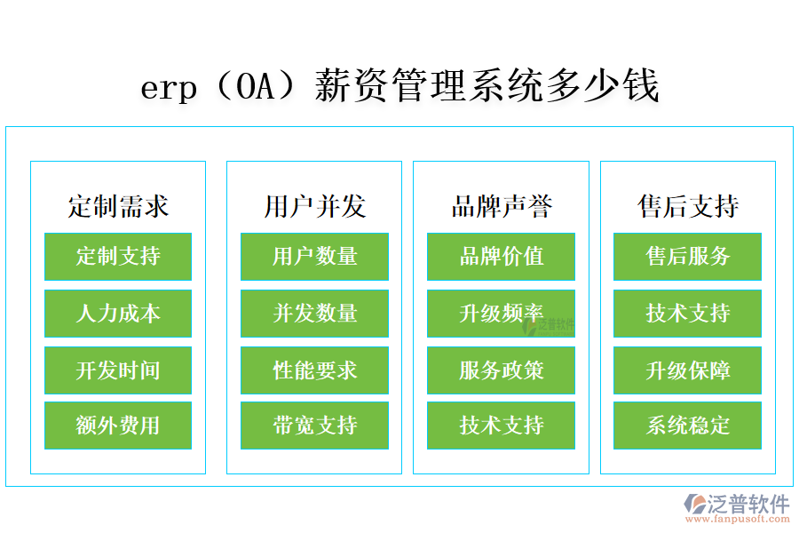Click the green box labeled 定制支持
pos(118,257)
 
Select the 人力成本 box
pos(118,314)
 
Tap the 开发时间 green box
pos(118,370)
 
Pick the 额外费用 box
pos(118,426)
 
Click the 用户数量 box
pos(314,257)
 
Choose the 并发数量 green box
pos(314,314)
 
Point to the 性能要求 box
pos(314,370)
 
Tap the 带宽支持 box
pos(314,426)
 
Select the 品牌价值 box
pos(501,257)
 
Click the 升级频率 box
pos(501,314)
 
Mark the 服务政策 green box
pos(501,370)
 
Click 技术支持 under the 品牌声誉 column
pos(501,426)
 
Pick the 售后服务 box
pos(687,257)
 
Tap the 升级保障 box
pos(687,370)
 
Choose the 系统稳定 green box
pos(687,426)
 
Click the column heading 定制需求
pos(118,206)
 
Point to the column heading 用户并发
pos(314,206)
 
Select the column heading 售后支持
pos(687,206)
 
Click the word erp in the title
pos(169,89)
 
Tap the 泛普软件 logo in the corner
pos(737,507)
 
